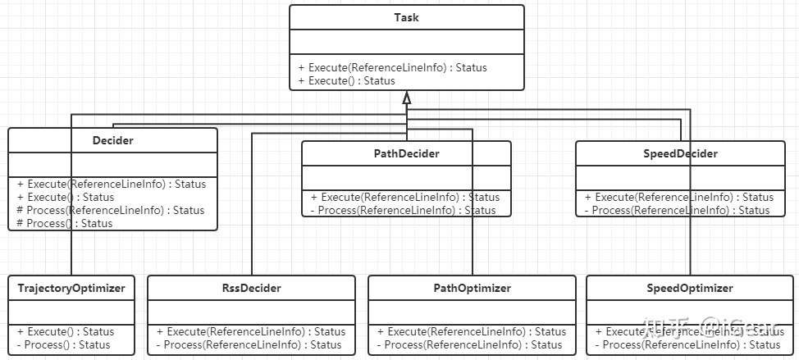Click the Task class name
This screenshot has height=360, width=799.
tap(406, 17)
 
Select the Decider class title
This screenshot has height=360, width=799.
tap(112, 140)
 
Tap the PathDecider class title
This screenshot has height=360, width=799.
tap(406, 153)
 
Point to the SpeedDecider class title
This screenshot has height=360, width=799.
tap(680, 153)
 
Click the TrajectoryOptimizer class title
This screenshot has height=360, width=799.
tap(71, 288)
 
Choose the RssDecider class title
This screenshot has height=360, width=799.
tap(251, 288)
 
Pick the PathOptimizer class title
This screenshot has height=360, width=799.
tap(472, 288)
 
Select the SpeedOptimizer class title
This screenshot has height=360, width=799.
tap(690, 288)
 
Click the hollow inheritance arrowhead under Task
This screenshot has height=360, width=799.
tap(406, 98)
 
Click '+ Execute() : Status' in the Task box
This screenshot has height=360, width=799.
tap(347, 80)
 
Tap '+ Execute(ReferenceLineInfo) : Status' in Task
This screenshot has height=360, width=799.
tap(392, 67)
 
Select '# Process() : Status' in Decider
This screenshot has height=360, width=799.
tap(64, 223)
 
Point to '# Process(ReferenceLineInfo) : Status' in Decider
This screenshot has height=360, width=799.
tap(110, 210)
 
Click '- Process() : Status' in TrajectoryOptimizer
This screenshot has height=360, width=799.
tap(63, 344)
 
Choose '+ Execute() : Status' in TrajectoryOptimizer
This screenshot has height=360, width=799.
tap(66, 331)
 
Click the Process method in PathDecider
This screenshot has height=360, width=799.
tap(404, 210)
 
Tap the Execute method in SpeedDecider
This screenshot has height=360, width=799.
tap(679, 197)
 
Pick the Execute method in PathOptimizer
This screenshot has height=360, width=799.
tap(472, 331)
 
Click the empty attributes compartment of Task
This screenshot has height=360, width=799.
tap(406, 42)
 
